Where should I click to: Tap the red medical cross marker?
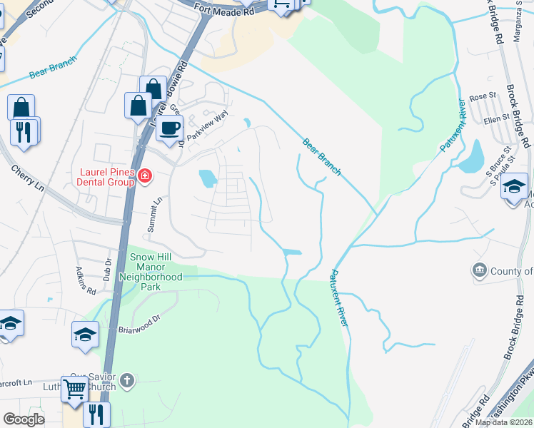144,175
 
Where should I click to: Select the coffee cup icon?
169,128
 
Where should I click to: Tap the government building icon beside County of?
479,270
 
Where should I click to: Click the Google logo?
24,419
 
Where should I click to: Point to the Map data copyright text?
504,422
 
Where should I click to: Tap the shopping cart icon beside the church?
74,389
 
